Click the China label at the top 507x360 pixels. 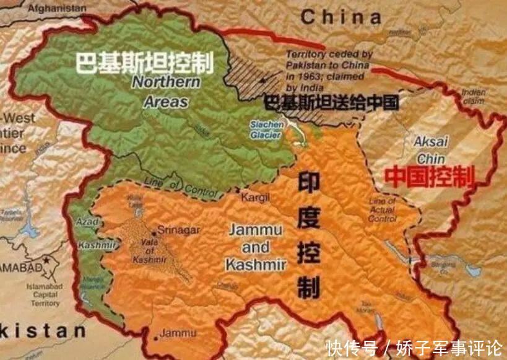point(341,17)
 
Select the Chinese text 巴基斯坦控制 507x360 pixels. point(144,63)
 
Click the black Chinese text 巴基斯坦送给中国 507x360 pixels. point(331,102)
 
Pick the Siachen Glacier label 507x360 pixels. point(267,129)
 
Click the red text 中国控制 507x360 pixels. point(429,176)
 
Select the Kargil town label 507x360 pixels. point(258,198)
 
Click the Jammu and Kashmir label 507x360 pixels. point(256,247)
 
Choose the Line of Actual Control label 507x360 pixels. point(381,210)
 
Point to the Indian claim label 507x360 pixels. point(473,96)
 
